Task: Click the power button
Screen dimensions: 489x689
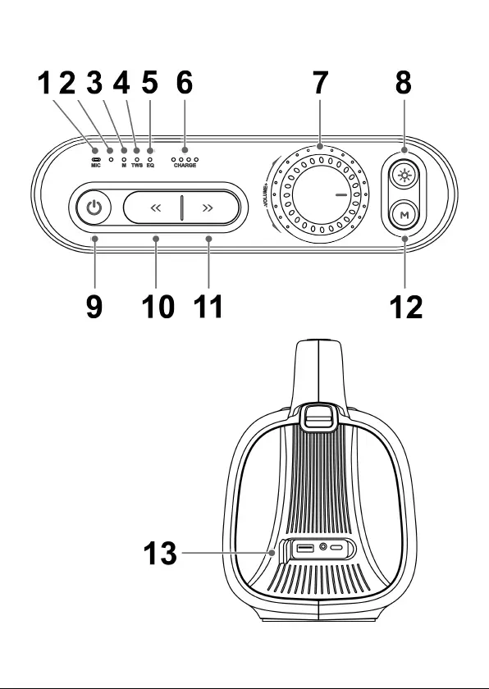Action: coord(94,207)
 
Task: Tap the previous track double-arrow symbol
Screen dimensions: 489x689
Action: coord(156,208)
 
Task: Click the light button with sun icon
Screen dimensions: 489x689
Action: coord(404,176)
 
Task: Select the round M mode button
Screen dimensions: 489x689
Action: coord(404,215)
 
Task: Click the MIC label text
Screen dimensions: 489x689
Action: coord(96,166)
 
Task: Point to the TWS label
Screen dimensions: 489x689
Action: coord(137,166)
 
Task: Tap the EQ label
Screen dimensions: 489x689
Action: coord(150,166)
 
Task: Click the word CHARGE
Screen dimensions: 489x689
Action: coord(185,166)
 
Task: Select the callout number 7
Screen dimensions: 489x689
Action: coord(320,83)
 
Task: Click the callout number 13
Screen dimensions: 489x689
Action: coord(160,553)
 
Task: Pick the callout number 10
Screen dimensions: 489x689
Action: coord(158,307)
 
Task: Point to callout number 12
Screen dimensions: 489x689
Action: coord(406,307)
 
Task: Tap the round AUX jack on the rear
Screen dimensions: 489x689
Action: coord(323,548)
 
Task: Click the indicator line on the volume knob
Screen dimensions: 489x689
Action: coord(341,194)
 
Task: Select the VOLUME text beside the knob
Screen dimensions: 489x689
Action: coord(265,194)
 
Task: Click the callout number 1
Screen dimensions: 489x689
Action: coord(44,83)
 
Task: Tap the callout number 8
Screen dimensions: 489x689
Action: coord(404,83)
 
